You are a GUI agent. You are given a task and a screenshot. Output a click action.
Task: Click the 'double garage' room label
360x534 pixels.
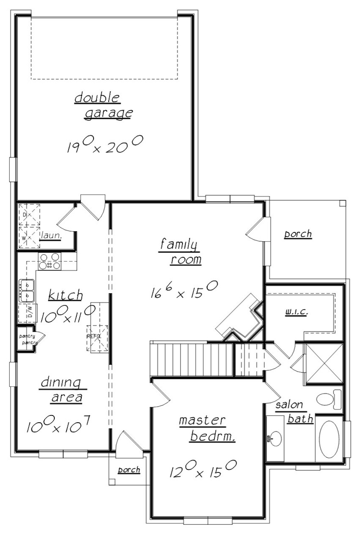pos(104,105)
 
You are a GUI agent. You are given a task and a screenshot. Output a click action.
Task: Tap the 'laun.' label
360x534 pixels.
pos(51,236)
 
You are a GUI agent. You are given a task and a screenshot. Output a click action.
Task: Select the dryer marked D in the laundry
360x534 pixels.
pos(29,215)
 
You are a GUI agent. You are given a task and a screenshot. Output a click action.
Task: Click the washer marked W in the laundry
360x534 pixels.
pos(29,237)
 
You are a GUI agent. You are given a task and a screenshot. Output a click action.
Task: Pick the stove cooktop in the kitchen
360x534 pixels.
pos(50,261)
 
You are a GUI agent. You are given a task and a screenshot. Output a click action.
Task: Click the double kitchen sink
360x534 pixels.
pos(27,291)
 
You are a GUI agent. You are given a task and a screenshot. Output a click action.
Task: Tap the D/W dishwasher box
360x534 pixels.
pos(31,312)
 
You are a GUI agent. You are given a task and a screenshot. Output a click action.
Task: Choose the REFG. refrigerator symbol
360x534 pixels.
pos(97,338)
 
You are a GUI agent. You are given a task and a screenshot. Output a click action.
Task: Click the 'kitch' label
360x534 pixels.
pos(66,295)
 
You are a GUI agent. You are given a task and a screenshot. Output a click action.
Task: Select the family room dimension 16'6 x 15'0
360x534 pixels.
pos(184,290)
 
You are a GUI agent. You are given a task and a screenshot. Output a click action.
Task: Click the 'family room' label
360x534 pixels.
pos(180,252)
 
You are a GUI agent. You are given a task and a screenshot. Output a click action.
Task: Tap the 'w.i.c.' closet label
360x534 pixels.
pos(296,312)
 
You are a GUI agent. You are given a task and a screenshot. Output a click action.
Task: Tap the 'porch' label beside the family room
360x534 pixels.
pos(298,234)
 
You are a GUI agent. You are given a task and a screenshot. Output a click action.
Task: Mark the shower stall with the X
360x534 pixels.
pos(324,363)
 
